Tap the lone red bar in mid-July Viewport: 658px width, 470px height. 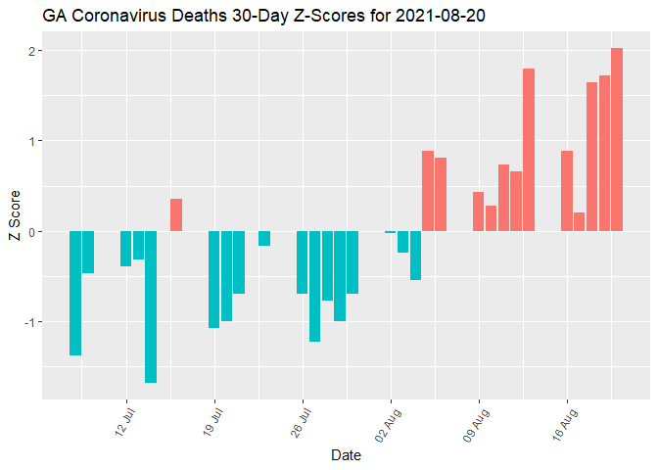pyautogui.click(x=176, y=214)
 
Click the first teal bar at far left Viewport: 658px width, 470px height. pyautogui.click(x=75, y=293)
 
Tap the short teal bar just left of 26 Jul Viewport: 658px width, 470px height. pyautogui.click(x=264, y=238)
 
